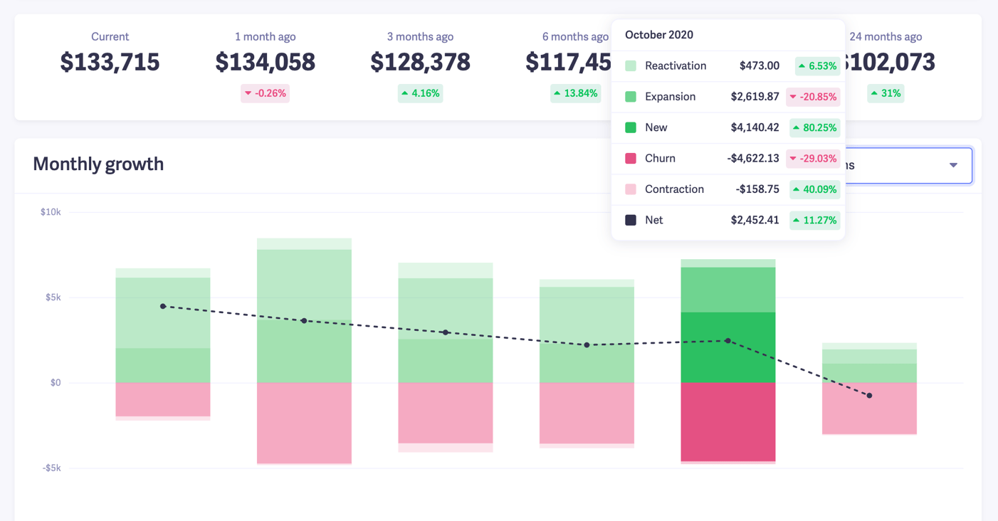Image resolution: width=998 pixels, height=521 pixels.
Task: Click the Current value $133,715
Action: (110, 63)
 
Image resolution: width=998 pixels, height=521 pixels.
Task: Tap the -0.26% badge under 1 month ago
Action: (265, 93)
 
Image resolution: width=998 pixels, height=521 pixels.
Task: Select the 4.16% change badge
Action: (420, 93)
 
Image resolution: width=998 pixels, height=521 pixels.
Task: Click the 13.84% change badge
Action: (575, 93)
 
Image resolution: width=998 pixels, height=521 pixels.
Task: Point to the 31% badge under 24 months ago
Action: (886, 93)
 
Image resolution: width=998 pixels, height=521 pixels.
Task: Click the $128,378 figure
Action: (420, 63)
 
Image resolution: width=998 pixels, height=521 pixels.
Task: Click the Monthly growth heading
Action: (98, 164)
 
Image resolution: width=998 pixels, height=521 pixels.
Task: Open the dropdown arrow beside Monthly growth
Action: (953, 165)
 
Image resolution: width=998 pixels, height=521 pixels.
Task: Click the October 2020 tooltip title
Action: (658, 35)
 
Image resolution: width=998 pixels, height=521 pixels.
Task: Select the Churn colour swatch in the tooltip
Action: (631, 159)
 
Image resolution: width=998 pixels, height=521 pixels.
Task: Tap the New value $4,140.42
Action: (755, 127)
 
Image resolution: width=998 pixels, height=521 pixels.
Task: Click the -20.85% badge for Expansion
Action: (813, 97)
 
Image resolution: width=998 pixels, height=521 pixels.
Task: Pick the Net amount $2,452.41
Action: (755, 220)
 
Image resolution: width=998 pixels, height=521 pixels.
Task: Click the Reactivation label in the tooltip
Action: (675, 66)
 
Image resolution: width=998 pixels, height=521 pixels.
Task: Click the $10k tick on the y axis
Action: (50, 212)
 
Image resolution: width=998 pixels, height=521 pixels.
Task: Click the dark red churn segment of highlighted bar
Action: (728, 421)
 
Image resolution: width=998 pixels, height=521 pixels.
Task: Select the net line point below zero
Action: (869, 396)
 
